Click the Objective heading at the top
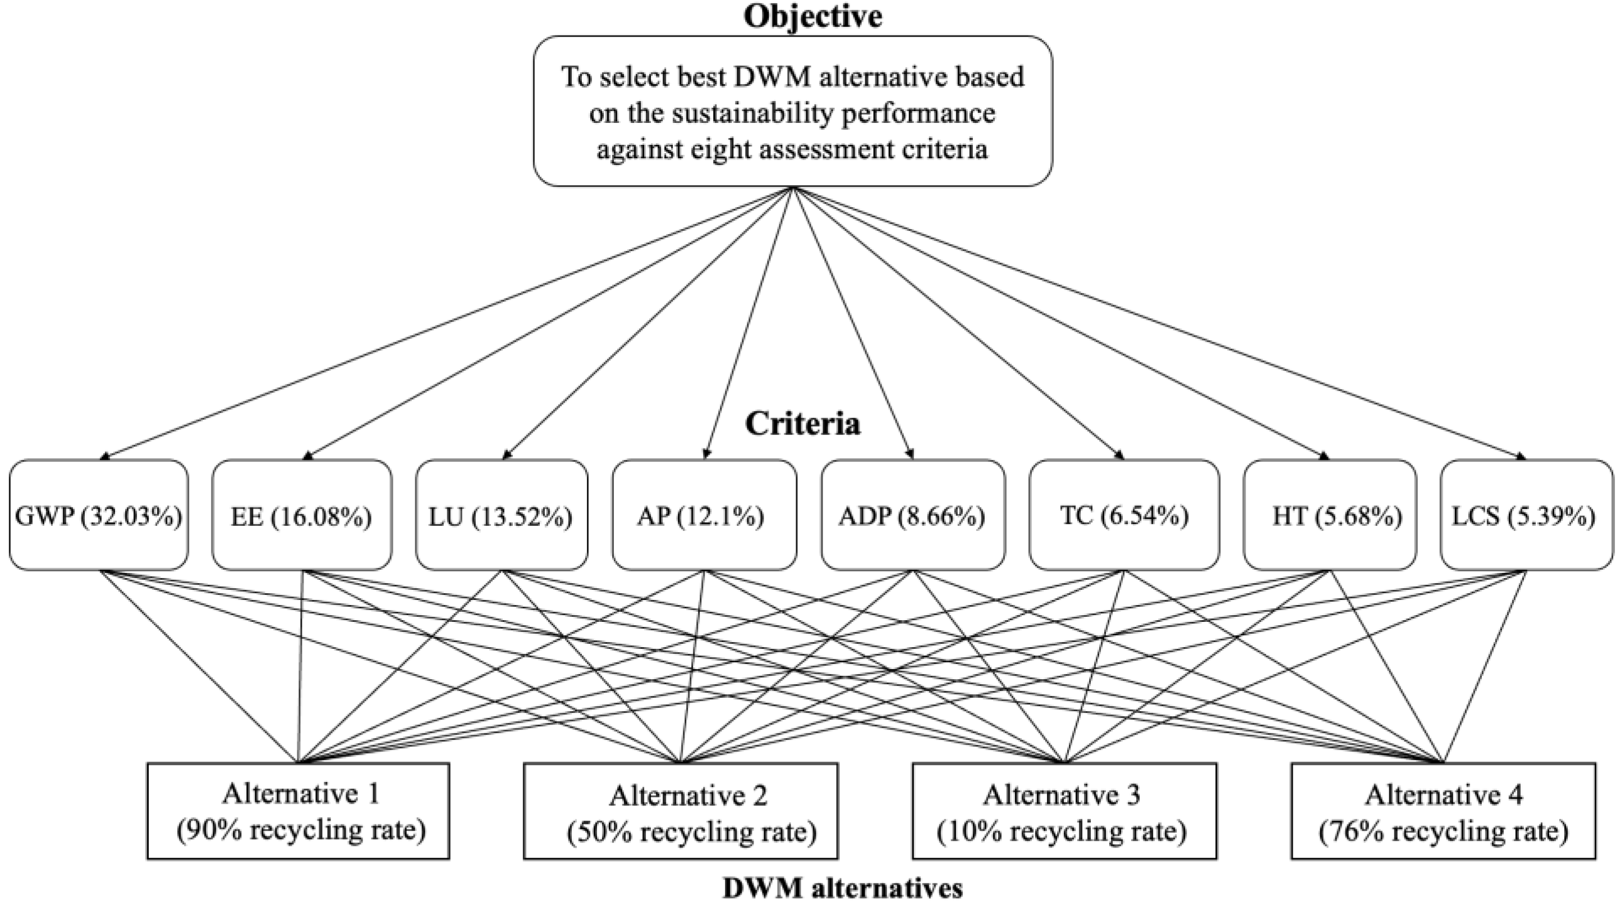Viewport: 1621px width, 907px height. [x=812, y=16]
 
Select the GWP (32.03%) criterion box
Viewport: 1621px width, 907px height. [x=99, y=515]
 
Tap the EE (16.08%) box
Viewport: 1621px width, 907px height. [x=301, y=515]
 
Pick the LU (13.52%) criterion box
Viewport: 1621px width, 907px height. [x=502, y=515]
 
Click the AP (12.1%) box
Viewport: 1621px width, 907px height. [x=704, y=515]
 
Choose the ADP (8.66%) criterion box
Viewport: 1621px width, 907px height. [x=912, y=515]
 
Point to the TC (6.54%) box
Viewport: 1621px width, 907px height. [x=1124, y=515]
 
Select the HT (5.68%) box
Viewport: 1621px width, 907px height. [x=1330, y=515]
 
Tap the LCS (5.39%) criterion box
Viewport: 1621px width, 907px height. [x=1526, y=515]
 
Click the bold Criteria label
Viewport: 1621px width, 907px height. [x=802, y=424]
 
